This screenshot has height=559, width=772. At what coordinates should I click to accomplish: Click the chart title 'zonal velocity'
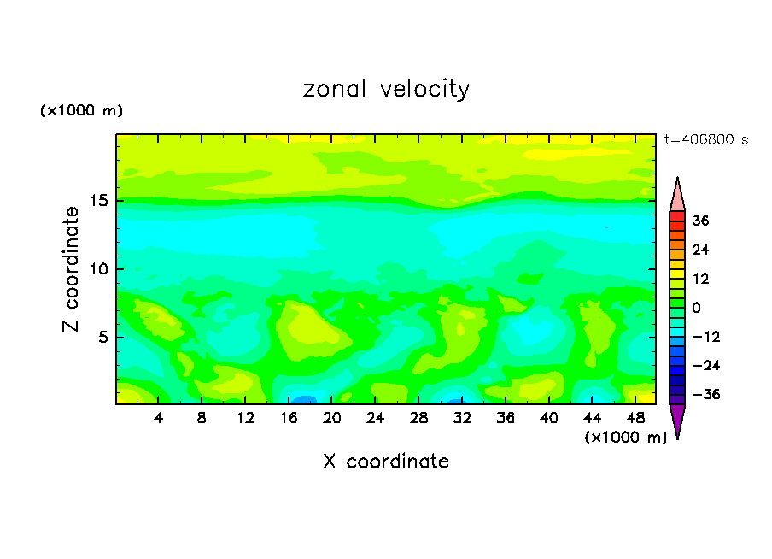point(386,89)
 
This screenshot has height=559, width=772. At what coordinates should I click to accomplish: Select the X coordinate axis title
point(386,462)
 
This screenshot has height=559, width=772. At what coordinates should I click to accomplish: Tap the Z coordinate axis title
point(73,269)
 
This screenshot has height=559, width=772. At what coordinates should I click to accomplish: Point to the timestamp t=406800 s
point(705,139)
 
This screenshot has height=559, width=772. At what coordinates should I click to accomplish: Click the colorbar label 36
point(701,221)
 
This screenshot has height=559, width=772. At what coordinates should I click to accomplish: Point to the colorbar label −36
point(705,395)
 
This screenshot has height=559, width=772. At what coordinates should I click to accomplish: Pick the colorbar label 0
point(697,308)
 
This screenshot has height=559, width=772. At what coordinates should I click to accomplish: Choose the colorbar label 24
point(701,250)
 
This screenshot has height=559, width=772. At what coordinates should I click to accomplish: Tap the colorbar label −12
point(705,337)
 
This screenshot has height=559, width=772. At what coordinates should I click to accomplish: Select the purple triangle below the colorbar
point(677,421)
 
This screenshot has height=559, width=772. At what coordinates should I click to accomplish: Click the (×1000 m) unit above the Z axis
point(81,111)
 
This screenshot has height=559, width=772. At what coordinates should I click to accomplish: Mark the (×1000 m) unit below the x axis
point(625,437)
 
